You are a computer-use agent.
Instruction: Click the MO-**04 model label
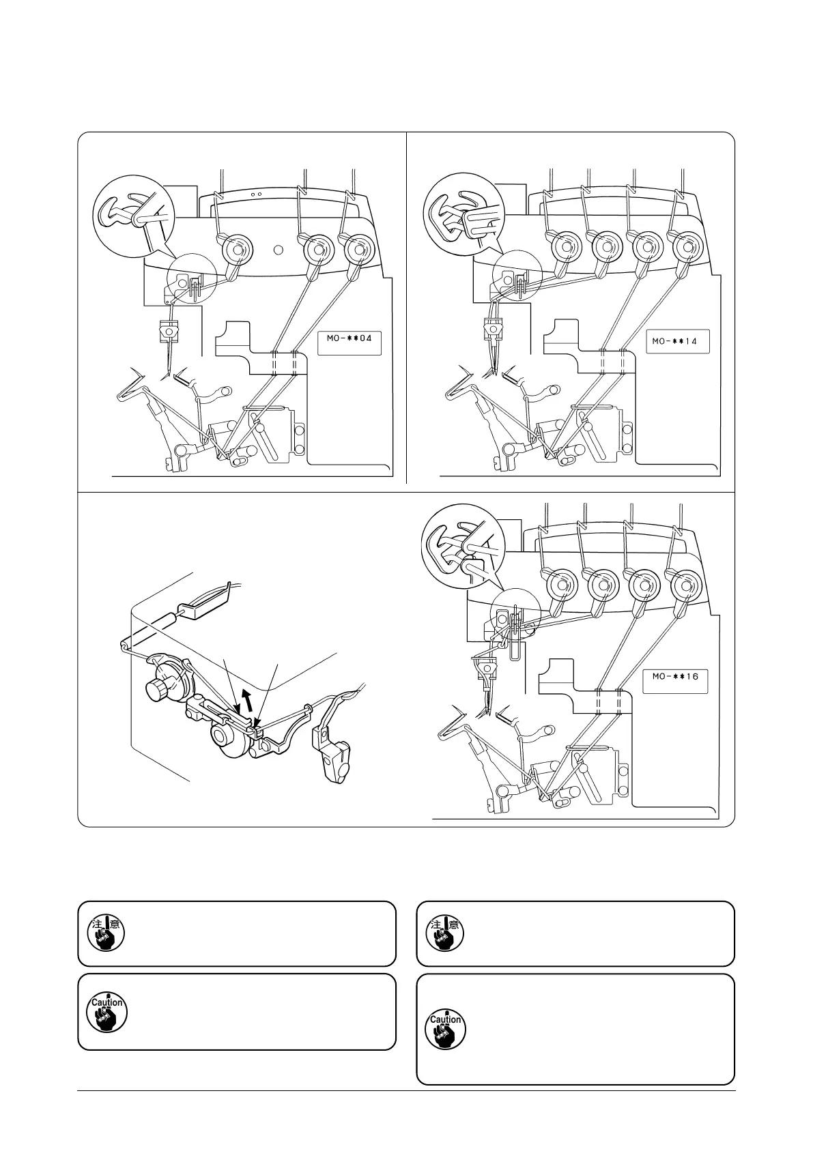coord(349,342)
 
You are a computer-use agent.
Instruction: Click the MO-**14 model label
coord(679,341)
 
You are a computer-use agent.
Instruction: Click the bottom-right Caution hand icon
coord(445,1029)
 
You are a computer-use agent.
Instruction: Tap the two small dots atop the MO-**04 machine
coord(256,194)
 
